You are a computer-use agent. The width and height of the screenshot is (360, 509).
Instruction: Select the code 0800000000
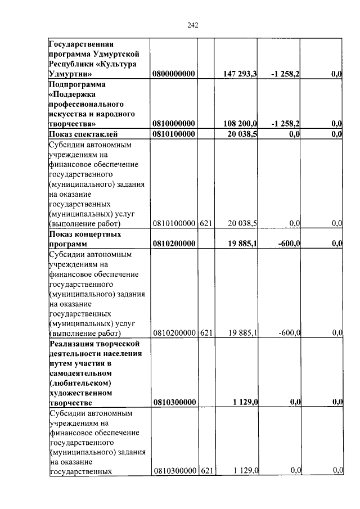click(x=173, y=74)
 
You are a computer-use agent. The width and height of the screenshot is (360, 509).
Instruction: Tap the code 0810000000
click(x=173, y=124)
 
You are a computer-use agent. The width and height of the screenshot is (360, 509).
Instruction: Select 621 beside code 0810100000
click(x=206, y=224)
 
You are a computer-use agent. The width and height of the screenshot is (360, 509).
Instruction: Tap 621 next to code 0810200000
click(x=206, y=333)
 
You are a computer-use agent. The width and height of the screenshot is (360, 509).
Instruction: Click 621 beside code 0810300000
click(x=206, y=470)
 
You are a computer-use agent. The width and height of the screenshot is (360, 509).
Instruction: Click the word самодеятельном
click(x=81, y=373)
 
